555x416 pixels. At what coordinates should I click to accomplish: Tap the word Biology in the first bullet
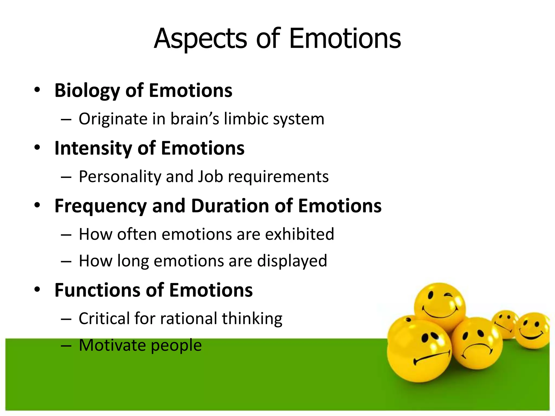[87, 91]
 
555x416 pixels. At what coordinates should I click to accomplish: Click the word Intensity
[93, 148]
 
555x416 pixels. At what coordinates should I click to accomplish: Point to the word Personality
[120, 177]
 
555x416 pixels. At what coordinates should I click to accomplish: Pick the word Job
[210, 177]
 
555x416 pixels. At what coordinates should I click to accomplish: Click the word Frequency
[101, 206]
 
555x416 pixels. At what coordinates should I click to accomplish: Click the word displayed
[292, 261]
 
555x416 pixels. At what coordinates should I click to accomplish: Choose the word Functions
[97, 290]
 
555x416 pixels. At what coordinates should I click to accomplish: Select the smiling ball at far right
[533, 330]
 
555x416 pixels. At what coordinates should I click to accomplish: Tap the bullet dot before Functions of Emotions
[37, 290]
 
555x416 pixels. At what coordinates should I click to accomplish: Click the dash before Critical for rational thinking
[66, 319]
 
